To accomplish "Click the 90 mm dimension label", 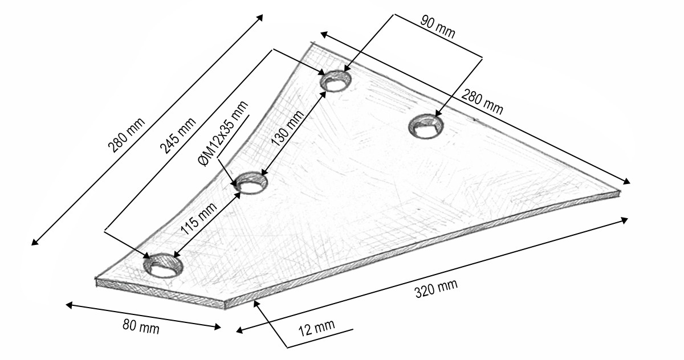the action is click(438, 27).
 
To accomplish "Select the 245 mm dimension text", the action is click(178, 136).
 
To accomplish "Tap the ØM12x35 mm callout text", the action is click(223, 134).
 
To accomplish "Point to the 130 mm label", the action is click(288, 128).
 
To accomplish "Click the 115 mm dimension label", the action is click(199, 218).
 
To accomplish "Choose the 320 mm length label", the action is click(437, 289).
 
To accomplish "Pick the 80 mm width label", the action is click(141, 326).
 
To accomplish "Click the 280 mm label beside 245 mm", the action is click(127, 135).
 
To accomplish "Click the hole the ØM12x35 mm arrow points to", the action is click(251, 183).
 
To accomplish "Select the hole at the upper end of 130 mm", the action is click(336, 81).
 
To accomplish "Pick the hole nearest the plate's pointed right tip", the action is click(426, 126).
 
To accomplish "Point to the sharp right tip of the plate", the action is click(621, 191).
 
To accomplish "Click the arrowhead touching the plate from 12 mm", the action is click(257, 304).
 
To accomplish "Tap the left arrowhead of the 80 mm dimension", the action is click(70, 305).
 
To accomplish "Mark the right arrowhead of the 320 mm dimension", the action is click(624, 220).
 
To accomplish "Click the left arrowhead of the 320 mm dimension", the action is click(240, 330).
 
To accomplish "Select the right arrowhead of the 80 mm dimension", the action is click(217, 327).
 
